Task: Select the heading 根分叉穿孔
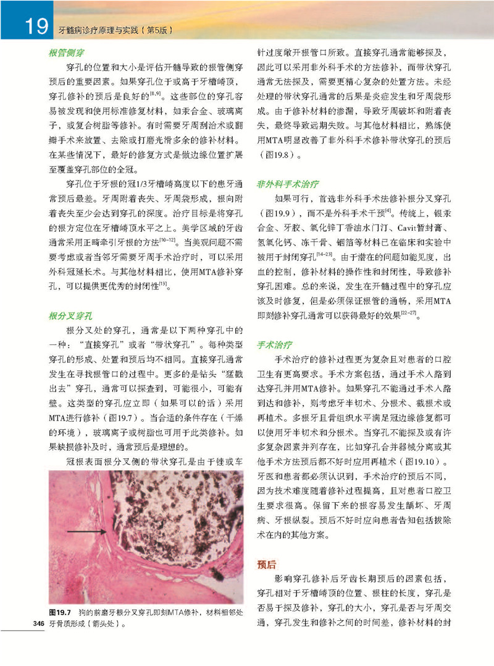[68, 316]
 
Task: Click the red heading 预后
[267, 565]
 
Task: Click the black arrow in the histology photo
[86, 531]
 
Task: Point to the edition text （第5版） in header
[157, 28]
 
